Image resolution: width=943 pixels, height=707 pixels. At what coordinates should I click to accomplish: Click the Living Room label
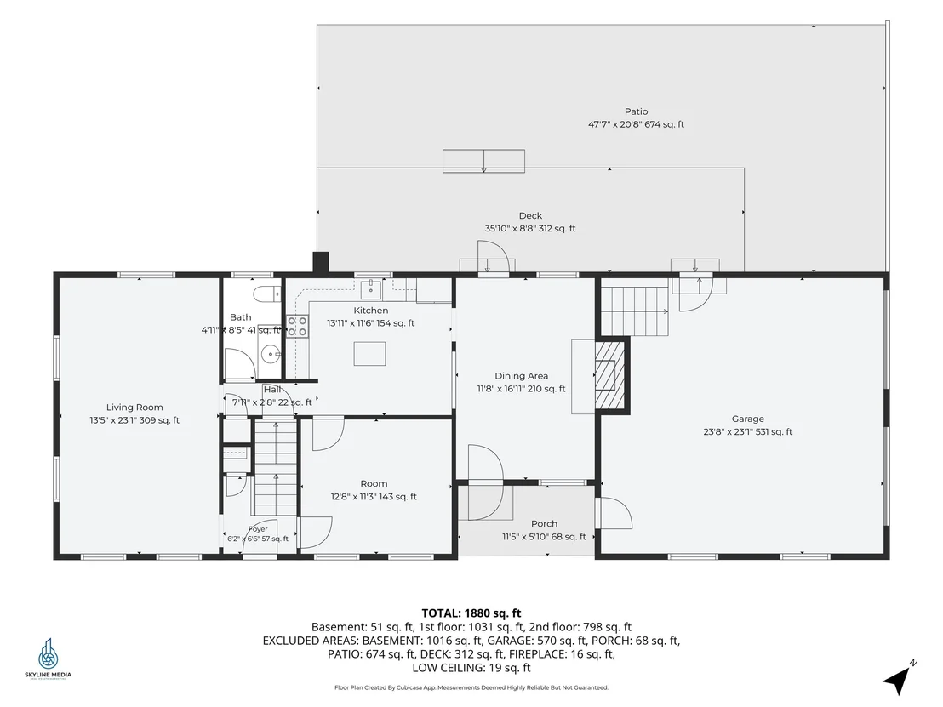tap(134, 407)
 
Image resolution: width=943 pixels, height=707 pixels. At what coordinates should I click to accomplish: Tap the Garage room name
tap(747, 419)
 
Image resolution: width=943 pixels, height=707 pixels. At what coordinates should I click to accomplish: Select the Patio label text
tap(637, 111)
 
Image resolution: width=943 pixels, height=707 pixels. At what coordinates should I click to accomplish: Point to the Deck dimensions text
tap(530, 229)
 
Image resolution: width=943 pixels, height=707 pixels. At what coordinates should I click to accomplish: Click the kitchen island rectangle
tap(369, 354)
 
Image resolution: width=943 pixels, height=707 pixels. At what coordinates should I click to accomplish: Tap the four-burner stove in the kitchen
tap(297, 327)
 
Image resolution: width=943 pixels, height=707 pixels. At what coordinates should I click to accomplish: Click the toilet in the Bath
tap(267, 294)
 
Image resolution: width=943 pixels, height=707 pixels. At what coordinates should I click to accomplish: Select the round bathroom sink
tap(271, 354)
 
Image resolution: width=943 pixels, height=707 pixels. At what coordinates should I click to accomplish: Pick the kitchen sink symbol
tap(371, 289)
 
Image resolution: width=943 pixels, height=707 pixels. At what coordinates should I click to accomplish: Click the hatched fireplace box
tap(610, 375)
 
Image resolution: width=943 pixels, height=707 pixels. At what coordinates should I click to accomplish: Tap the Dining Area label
tap(522, 376)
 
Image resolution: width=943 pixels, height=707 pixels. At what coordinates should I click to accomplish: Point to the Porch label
tap(545, 523)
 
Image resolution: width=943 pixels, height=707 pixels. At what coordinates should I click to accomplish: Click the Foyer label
tap(258, 529)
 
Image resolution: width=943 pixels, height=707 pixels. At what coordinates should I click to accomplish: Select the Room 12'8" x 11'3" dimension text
tap(374, 497)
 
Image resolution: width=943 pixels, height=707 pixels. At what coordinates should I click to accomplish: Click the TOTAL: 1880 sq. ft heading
tap(471, 613)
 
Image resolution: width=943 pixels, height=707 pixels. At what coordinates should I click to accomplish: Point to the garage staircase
tap(635, 311)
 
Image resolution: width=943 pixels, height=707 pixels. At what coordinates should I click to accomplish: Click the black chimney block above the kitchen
tap(321, 263)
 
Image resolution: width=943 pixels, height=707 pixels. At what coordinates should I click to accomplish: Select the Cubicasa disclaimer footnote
tap(471, 687)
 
